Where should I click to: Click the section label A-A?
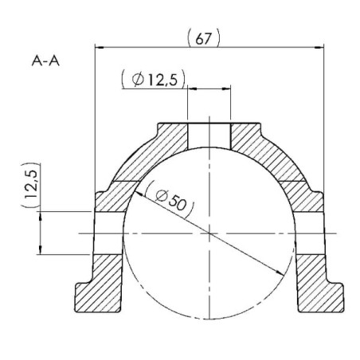point(45,61)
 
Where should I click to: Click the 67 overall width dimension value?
point(203,39)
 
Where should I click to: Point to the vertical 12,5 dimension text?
point(30,184)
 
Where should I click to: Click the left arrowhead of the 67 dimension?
point(99,48)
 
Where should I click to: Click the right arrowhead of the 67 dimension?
point(319,48)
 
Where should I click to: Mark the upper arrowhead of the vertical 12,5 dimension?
point(41,216)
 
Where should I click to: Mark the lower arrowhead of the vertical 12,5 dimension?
point(41,250)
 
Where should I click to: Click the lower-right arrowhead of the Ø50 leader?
point(280,272)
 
